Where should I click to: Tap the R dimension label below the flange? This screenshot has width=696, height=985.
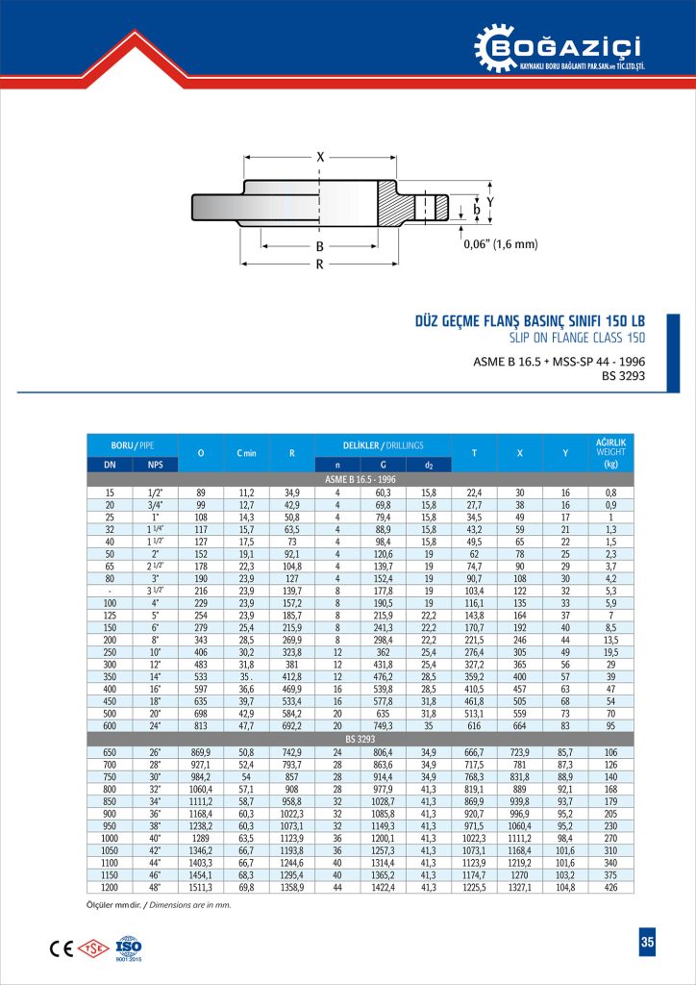[x=320, y=265]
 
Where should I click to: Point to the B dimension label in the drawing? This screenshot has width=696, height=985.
[x=320, y=246]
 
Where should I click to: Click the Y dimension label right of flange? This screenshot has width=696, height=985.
[x=489, y=201]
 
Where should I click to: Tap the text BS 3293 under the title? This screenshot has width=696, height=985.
[x=622, y=376]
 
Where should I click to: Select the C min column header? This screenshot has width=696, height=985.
[x=245, y=453]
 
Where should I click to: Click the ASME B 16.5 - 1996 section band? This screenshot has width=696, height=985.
[x=361, y=478]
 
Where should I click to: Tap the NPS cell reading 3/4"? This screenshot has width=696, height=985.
[x=155, y=504]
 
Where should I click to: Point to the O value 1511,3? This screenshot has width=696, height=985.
[x=201, y=888]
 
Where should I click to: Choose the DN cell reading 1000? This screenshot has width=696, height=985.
[x=110, y=838]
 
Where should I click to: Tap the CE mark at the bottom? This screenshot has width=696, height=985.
[x=60, y=947]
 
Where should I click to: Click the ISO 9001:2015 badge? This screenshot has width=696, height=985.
[x=128, y=947]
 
